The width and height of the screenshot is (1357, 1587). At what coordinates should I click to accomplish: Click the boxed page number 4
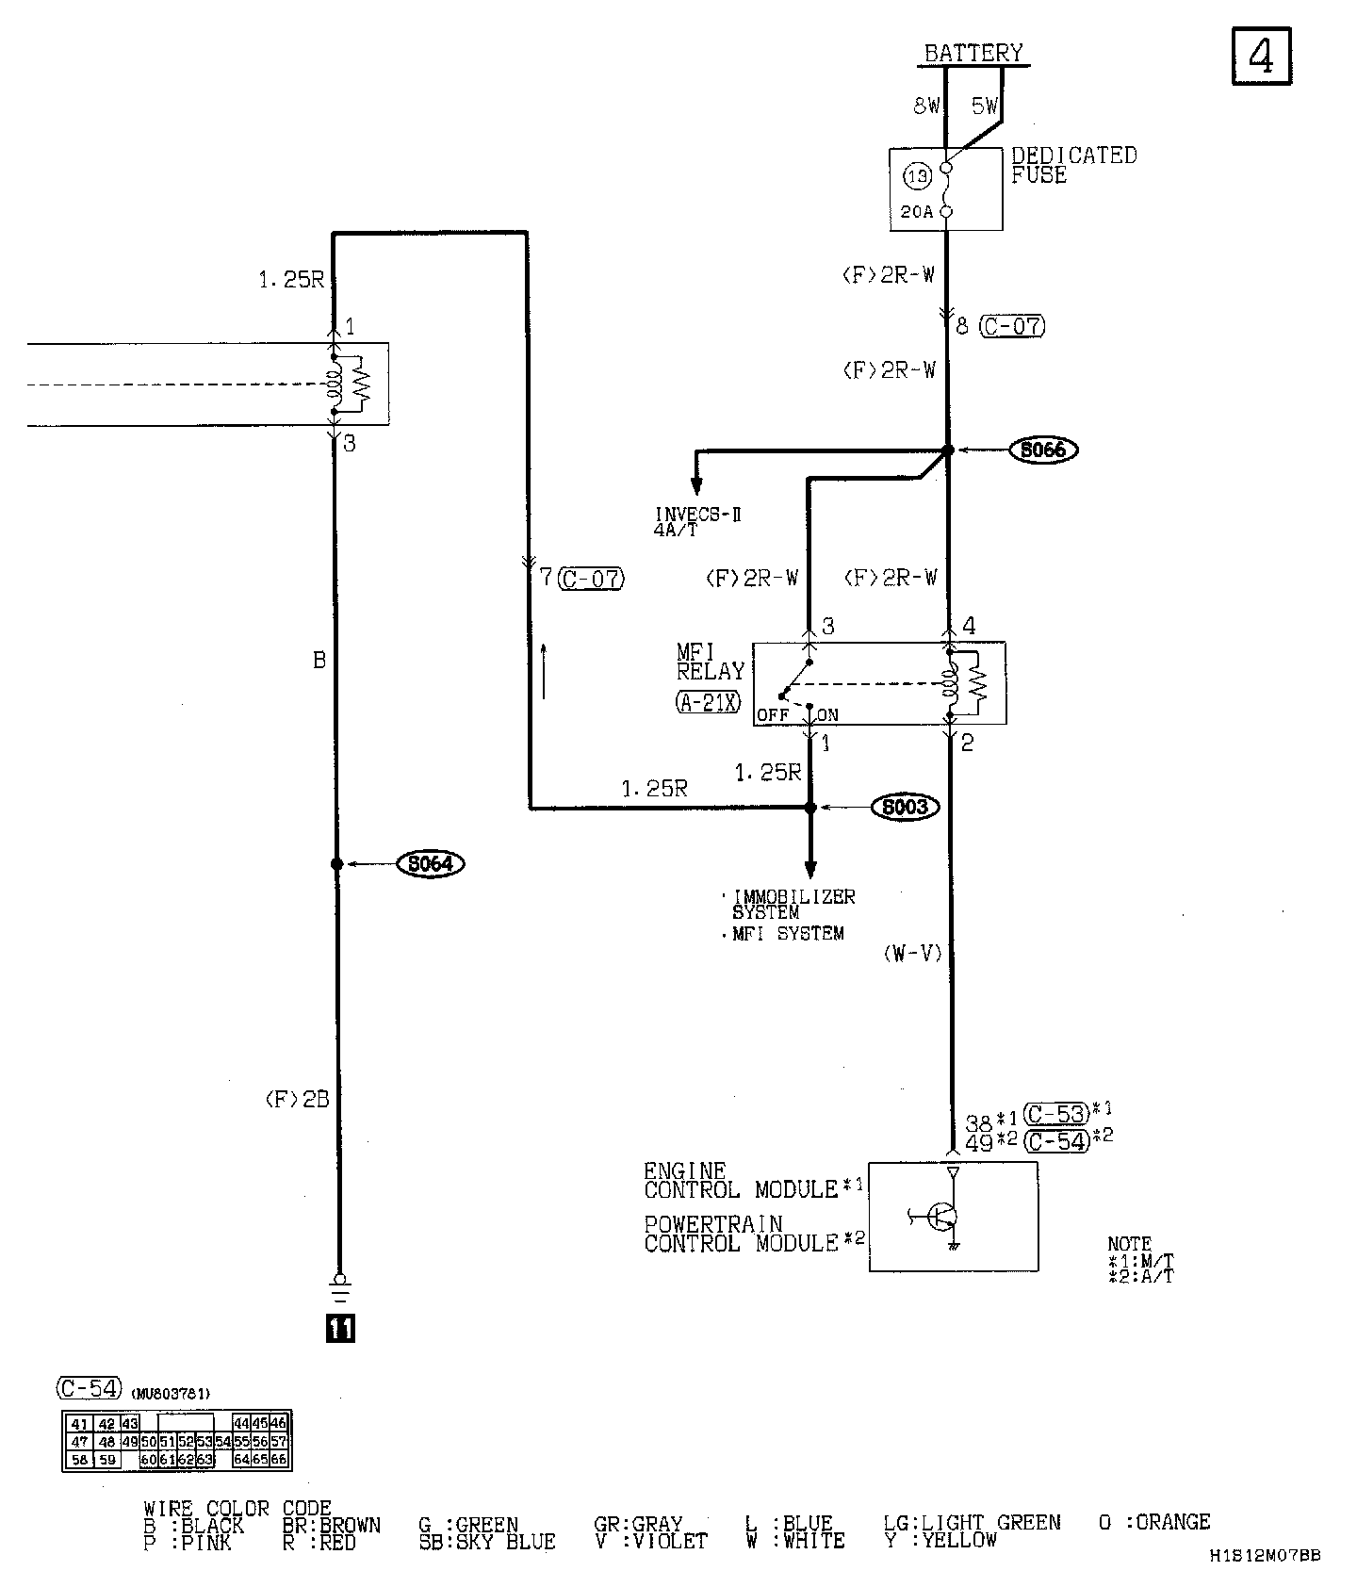1261,57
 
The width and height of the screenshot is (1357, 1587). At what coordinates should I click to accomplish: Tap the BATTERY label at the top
973,53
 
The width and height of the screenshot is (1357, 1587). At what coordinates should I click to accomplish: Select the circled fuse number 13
917,176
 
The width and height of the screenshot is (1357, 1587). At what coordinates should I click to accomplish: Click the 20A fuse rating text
916,212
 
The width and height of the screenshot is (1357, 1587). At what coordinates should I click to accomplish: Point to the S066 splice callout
1043,450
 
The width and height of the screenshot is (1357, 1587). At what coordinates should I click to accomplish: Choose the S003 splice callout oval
906,807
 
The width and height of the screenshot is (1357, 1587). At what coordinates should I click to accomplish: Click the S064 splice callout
431,863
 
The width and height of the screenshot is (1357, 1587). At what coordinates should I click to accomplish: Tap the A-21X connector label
709,701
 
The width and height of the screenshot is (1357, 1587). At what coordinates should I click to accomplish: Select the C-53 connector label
1056,1114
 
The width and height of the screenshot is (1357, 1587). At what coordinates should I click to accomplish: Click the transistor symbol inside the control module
940,1217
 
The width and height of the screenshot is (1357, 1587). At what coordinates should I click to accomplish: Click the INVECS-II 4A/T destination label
697,521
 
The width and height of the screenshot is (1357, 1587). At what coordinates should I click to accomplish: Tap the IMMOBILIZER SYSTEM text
793,905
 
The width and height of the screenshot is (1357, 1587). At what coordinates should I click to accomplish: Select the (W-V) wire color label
912,954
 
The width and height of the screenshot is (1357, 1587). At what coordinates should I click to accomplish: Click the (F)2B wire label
297,1099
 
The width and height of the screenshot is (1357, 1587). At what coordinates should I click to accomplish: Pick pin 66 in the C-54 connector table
279,1460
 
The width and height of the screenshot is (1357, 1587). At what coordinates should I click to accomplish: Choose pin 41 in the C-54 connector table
80,1425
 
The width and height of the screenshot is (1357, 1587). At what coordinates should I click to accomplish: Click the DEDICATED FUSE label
1073,165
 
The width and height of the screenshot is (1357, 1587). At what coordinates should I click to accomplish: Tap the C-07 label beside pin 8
1012,326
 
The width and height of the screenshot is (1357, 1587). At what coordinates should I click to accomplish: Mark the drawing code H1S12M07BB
1264,1557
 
